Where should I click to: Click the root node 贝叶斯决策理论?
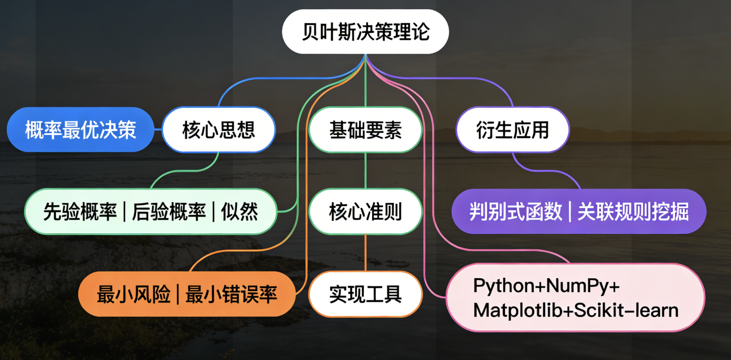coord(365,32)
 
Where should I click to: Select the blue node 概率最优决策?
coord(80,130)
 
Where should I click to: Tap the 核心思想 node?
coord(219,130)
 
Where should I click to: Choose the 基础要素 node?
coord(365,130)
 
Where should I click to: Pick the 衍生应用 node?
coord(512,130)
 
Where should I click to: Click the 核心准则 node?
coord(365,211)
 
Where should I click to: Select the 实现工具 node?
coord(365,294)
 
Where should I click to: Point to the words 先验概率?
coord(80,211)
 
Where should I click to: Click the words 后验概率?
coord(169,211)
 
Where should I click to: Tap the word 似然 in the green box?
coord(239,211)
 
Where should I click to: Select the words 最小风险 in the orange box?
coord(133,294)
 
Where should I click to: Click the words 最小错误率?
coord(231,294)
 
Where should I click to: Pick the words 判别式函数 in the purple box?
coord(515,211)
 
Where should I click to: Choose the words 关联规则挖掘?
coord(633,211)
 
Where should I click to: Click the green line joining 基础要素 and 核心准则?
coord(365,170)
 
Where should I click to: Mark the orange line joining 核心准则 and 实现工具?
coord(365,253)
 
